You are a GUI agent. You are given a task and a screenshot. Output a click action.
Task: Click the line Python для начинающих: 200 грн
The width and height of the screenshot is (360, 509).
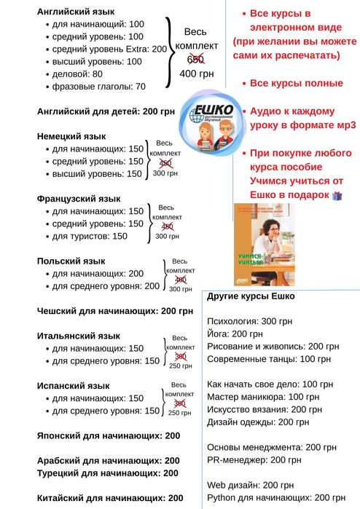[x=275, y=497]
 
